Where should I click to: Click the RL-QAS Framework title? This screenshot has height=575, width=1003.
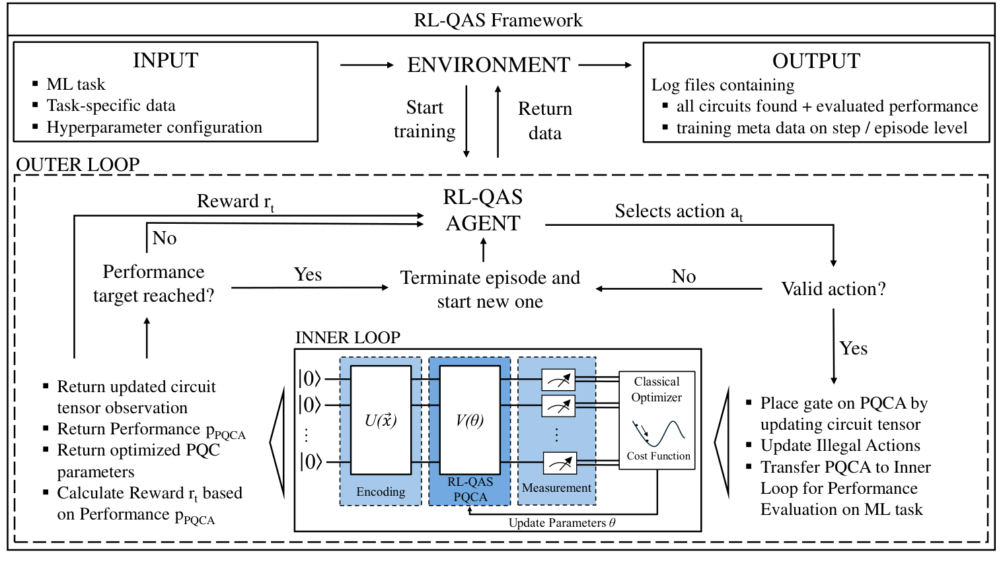coord(498,20)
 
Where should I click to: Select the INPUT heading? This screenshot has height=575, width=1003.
coord(165,61)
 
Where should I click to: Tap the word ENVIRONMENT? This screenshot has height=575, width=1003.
coord(488,65)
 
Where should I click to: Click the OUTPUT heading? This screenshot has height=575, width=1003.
coord(816,61)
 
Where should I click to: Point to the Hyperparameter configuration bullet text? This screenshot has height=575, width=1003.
coord(154,127)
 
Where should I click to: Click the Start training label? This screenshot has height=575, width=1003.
coord(424,119)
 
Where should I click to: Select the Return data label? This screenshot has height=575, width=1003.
coord(545,121)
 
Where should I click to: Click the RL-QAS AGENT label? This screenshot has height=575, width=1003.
coord(483,210)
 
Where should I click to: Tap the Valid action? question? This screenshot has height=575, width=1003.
coord(833,289)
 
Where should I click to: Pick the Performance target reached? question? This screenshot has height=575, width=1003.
coord(153,284)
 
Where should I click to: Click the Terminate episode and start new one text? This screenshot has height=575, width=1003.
coord(490,289)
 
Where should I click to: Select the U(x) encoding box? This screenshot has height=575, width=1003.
coord(381,421)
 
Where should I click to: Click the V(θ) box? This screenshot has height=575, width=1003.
coord(469,421)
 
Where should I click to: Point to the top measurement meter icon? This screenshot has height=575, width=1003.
coord(558,380)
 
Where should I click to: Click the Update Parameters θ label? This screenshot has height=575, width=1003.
coord(562,523)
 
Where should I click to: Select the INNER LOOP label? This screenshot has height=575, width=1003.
coord(348,337)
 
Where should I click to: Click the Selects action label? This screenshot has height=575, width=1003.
coord(679,211)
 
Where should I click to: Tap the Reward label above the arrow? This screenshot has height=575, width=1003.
coord(235,201)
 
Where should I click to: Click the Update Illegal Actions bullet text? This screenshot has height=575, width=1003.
coord(840,446)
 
